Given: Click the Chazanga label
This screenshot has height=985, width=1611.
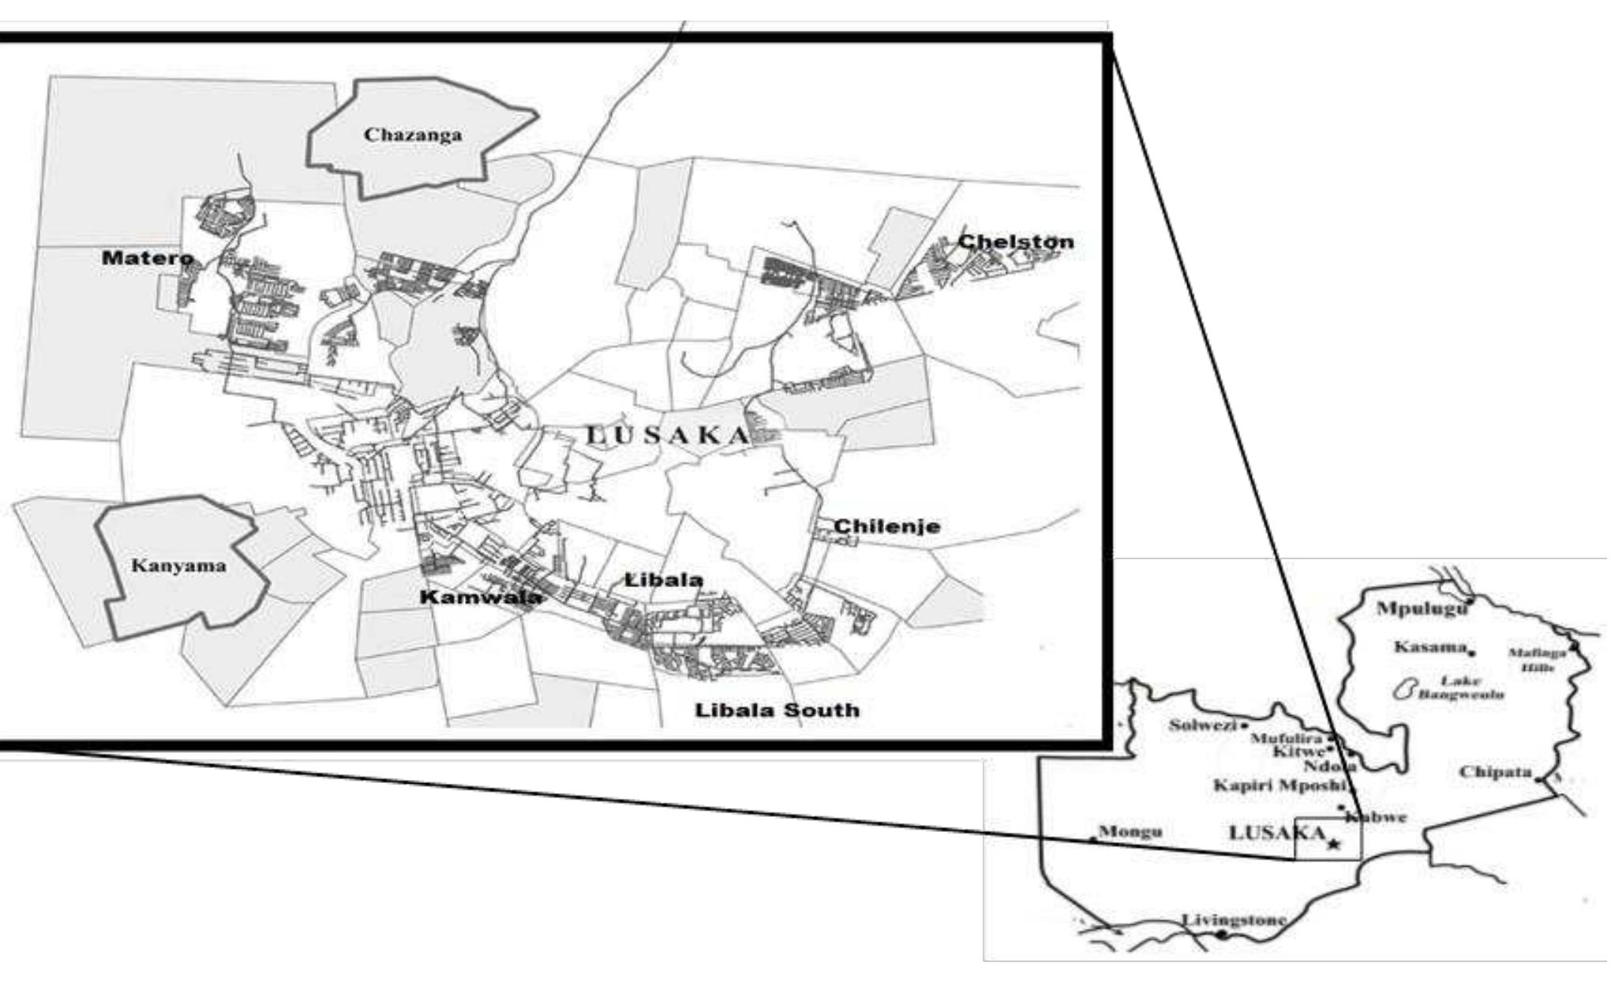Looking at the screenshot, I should click(x=413, y=135).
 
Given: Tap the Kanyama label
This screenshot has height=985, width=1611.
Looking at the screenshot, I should click(x=178, y=566).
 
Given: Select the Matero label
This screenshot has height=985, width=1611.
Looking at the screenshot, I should click(x=148, y=258).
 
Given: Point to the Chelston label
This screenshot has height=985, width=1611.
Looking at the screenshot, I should click(x=1016, y=242).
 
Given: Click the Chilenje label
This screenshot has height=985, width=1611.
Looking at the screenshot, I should click(x=887, y=526).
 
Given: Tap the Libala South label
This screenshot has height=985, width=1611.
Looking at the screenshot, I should click(x=777, y=710).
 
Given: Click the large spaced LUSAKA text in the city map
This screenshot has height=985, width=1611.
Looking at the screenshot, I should click(x=668, y=435).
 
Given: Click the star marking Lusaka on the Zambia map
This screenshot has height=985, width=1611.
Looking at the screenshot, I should click(x=1333, y=845).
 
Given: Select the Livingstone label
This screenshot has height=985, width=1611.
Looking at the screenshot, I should click(x=1233, y=919).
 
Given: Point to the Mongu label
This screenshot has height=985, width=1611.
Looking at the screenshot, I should click(x=1130, y=832).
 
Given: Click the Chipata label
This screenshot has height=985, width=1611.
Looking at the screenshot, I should click(x=1495, y=772).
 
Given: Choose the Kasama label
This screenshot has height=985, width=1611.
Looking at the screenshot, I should click(x=1429, y=648).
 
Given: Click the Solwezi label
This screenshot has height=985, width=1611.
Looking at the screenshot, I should click(x=1202, y=725).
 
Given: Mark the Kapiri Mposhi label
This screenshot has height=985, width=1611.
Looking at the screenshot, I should click(x=1278, y=785).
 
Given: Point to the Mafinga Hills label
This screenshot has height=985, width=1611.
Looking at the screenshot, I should click(x=1536, y=660).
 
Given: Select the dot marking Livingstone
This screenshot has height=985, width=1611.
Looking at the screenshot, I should click(x=1222, y=934).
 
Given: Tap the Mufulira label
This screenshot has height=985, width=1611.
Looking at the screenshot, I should click(x=1286, y=739).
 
